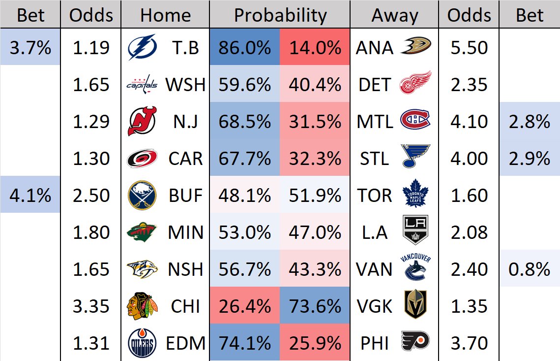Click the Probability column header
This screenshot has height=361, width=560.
click(280, 15)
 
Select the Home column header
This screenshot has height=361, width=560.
click(165, 15)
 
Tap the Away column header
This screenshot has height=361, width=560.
click(394, 15)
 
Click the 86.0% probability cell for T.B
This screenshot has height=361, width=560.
click(245, 48)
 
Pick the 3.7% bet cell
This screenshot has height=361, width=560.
click(30, 48)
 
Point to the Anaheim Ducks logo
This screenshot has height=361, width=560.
click(415, 46)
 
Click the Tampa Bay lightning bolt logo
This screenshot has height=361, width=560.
click(142, 48)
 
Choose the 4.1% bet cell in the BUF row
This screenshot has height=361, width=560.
click(30, 196)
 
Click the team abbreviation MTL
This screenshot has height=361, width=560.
click(375, 122)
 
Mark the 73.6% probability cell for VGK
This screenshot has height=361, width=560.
click(315, 306)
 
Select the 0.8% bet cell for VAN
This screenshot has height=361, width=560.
click(530, 269)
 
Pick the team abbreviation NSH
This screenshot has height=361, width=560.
click(185, 269)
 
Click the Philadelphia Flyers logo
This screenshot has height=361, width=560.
click(415, 341)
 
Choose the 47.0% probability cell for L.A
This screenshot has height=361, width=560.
click(315, 232)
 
